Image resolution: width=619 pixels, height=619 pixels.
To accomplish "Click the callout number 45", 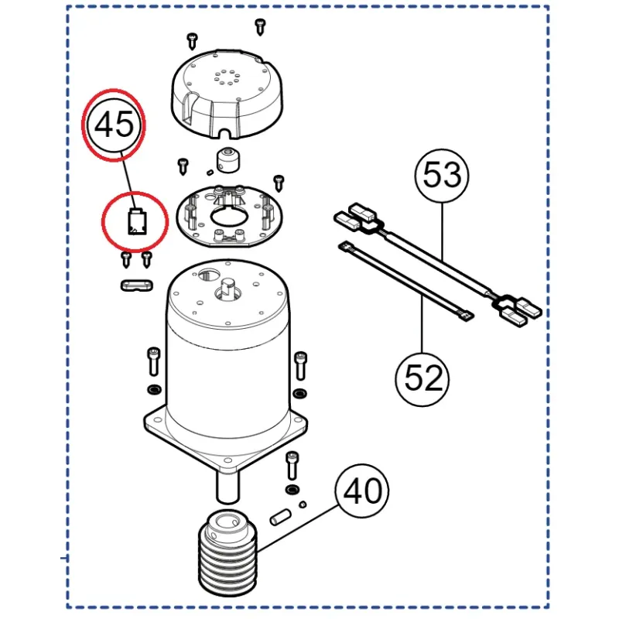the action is pyautogui.click(x=115, y=125).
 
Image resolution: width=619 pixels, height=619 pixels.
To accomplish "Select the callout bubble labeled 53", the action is pyautogui.click(x=442, y=176).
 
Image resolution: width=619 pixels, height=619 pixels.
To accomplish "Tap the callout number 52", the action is pyautogui.click(x=422, y=378).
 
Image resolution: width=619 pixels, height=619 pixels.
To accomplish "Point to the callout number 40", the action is pyautogui.click(x=362, y=491).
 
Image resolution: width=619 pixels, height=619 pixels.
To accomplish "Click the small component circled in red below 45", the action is pyautogui.click(x=137, y=222).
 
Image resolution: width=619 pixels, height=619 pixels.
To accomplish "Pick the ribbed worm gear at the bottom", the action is pyautogui.click(x=227, y=552).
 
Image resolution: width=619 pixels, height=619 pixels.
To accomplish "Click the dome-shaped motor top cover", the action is pyautogui.click(x=227, y=94).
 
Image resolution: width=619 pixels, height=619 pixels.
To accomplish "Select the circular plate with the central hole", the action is pyautogui.click(x=229, y=217).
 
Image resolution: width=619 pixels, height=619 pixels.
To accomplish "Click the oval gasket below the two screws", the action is pyautogui.click(x=137, y=285).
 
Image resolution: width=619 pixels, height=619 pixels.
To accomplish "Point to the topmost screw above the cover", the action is pyautogui.click(x=260, y=26).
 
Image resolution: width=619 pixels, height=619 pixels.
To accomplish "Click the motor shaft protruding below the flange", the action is pyautogui.click(x=227, y=486).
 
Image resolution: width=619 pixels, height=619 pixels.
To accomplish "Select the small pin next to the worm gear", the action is pyautogui.click(x=280, y=517).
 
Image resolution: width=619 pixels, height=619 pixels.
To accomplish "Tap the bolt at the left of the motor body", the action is pyautogui.click(x=153, y=361).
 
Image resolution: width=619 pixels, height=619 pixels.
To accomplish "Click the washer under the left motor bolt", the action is pyautogui.click(x=154, y=390).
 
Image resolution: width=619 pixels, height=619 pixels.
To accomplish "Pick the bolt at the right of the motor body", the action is pyautogui.click(x=301, y=365).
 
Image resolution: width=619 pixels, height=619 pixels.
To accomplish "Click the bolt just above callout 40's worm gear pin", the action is pyautogui.click(x=292, y=466).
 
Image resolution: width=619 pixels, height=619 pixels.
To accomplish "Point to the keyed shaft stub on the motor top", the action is pyautogui.click(x=227, y=287).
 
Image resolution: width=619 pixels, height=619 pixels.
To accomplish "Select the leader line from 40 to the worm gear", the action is pyautogui.click(x=297, y=528).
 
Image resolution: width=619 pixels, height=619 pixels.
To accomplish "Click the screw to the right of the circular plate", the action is pyautogui.click(x=279, y=183).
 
